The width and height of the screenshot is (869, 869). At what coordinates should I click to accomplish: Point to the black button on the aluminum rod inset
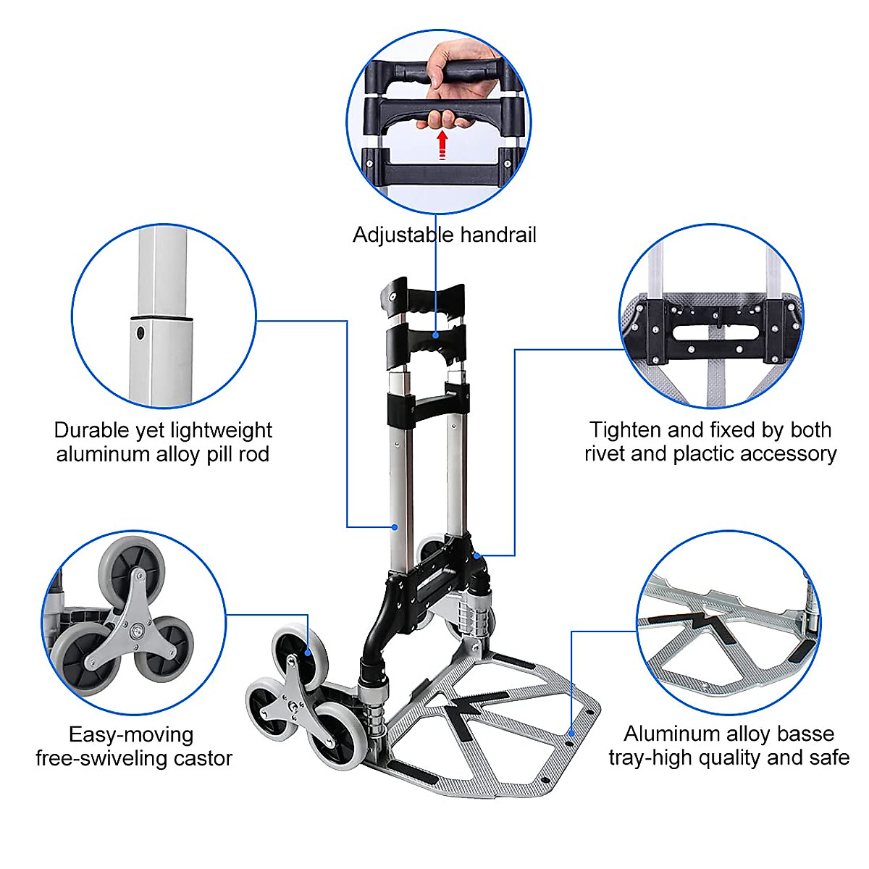click(140, 334)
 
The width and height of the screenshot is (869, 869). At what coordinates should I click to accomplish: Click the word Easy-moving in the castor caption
click(131, 735)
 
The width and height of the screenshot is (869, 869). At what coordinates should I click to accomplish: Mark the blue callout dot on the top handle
click(436, 335)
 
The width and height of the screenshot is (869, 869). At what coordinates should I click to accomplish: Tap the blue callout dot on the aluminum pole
click(395, 526)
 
